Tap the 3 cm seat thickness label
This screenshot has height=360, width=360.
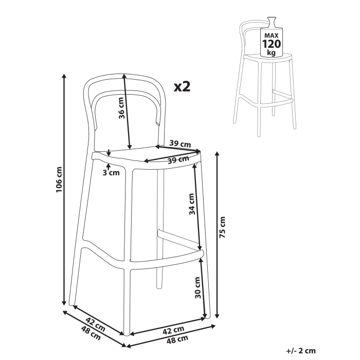pyautogui.click(x=111, y=172)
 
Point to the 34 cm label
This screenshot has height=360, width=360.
pyautogui.click(x=192, y=204)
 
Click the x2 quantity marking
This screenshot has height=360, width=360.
pyautogui.click(x=182, y=86)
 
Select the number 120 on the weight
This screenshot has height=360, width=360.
pyautogui.click(x=272, y=44)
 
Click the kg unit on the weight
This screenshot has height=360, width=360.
pyautogui.click(x=271, y=53)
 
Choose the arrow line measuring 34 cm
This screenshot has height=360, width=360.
pyautogui.click(x=197, y=206)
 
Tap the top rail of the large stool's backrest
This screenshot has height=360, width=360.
pyautogui.click(x=123, y=76)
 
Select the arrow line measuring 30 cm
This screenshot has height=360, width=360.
pyautogui.click(x=204, y=285)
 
